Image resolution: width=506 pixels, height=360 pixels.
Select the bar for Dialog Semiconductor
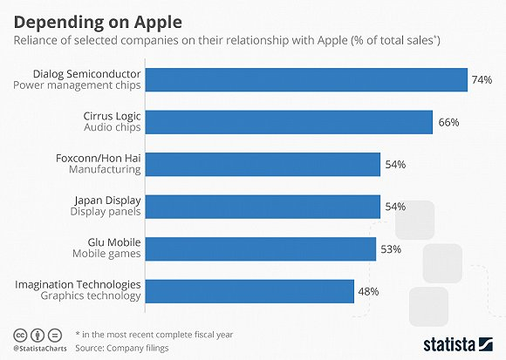305,79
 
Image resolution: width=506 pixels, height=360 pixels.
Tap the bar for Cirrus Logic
288,121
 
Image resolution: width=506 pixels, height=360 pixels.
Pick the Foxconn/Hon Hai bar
262,164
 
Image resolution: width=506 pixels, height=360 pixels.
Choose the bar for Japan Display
262,206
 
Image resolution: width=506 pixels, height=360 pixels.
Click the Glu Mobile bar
260,248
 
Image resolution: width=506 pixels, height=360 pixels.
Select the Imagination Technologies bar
249,290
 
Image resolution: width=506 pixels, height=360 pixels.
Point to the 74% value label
482,79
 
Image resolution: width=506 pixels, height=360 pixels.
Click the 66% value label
448,122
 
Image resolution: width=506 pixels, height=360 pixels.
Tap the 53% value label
390,249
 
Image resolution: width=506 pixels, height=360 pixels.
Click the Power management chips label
86,85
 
